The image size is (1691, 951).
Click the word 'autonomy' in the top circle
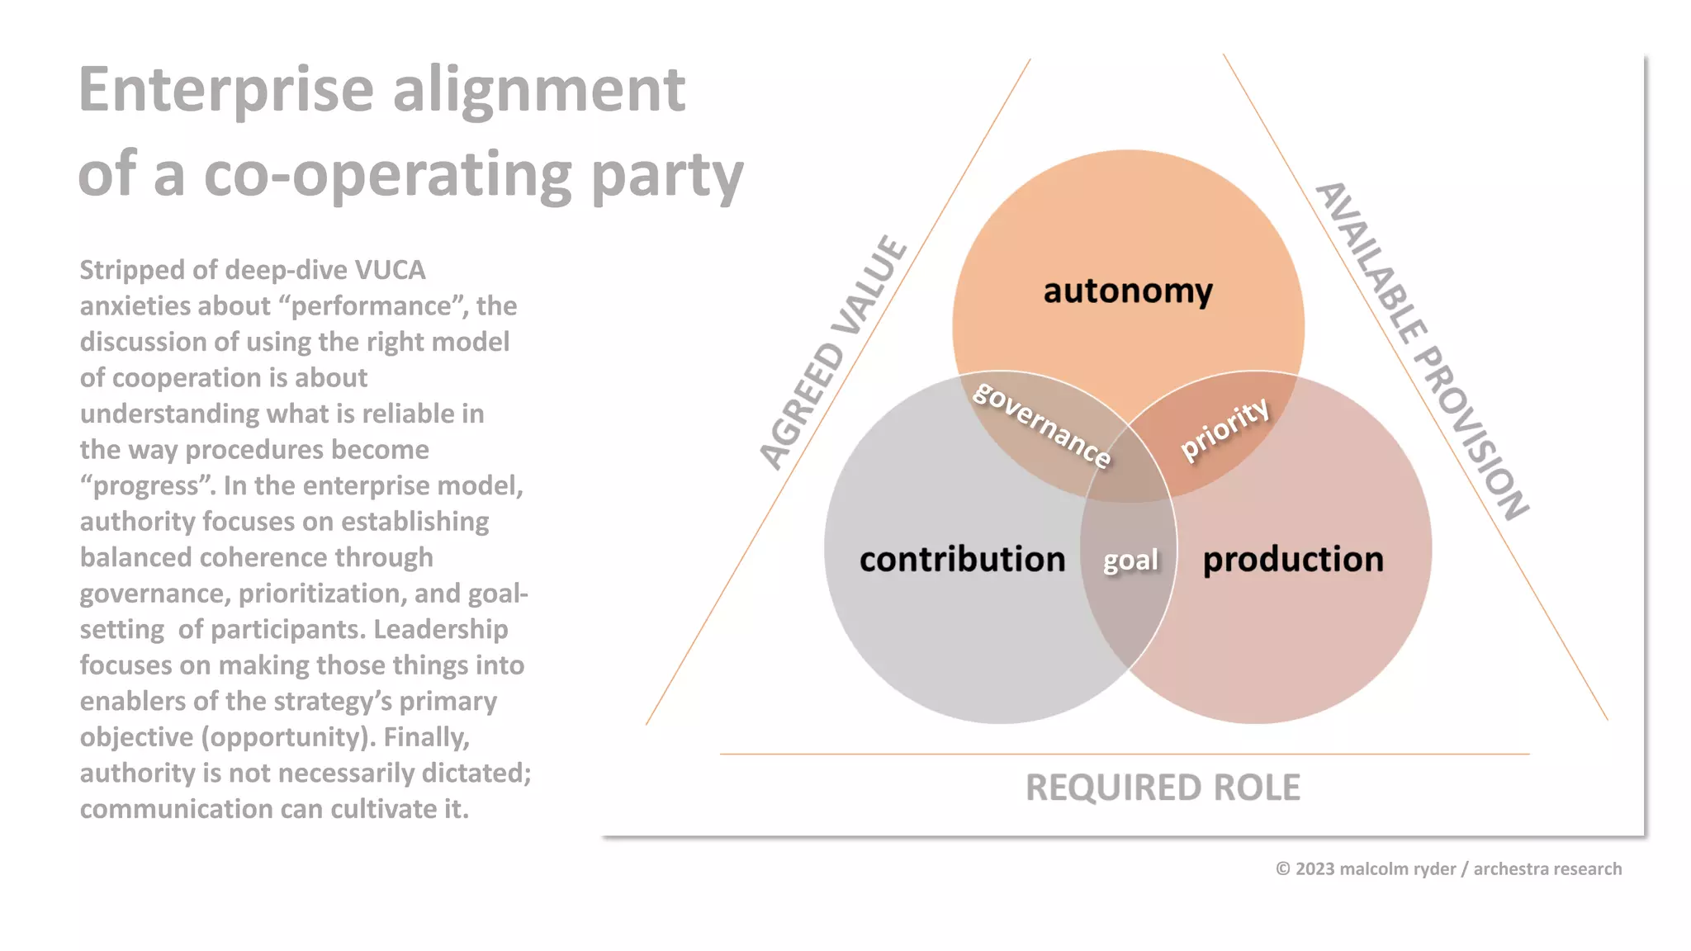(1128, 291)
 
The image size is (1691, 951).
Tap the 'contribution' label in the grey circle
(962, 560)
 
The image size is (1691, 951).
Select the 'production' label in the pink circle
(1293, 560)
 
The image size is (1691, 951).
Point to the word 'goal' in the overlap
(1130, 561)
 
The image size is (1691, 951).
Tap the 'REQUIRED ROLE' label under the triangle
(1163, 788)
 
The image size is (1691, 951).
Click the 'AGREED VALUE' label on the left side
(833, 352)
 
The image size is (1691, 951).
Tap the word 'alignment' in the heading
(538, 90)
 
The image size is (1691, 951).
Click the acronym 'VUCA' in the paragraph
(390, 270)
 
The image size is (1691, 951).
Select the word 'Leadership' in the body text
(441, 629)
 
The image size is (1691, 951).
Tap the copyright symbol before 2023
(1283, 868)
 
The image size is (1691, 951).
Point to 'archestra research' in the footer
(1547, 868)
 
